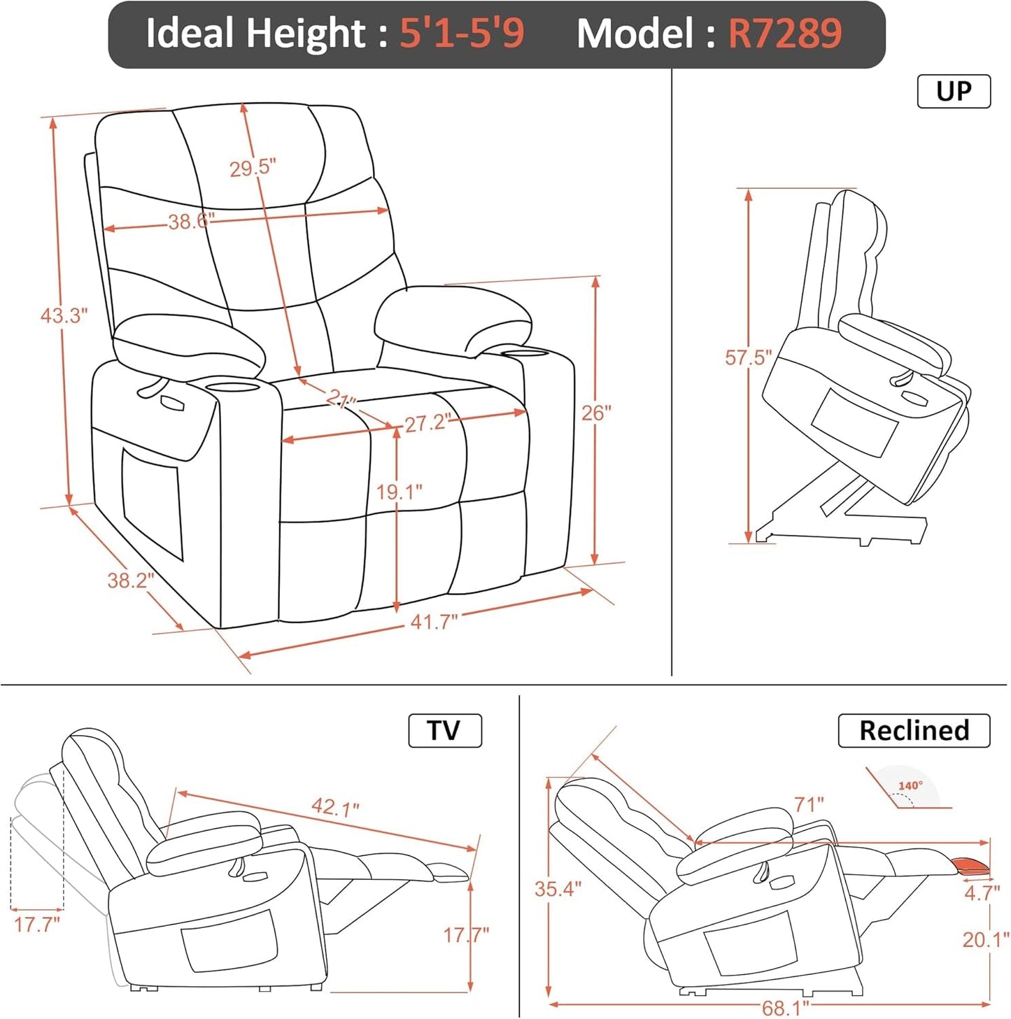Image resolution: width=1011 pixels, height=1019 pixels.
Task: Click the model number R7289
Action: [x=784, y=34]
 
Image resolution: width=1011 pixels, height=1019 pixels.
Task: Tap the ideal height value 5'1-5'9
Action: [x=461, y=34]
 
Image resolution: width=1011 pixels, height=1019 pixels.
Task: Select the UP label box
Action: [x=953, y=92]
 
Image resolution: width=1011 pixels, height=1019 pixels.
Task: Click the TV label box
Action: [x=444, y=730]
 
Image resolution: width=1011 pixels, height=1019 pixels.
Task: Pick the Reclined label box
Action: [x=914, y=730]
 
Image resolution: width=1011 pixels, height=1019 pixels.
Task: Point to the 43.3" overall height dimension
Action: [x=64, y=315]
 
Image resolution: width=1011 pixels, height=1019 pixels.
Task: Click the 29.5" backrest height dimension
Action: [x=253, y=168]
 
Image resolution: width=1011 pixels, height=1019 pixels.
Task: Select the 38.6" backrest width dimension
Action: [x=190, y=222]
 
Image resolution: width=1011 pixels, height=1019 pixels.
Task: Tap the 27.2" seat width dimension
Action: [x=427, y=422]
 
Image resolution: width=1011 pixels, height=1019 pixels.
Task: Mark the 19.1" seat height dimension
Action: [x=399, y=492]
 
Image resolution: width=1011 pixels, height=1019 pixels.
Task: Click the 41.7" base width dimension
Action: [x=434, y=621]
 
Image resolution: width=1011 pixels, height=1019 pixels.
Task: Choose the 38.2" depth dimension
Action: [x=130, y=580]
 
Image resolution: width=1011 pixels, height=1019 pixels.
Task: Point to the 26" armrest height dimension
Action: [x=596, y=413]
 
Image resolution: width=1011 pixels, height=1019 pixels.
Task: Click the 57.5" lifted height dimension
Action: [x=748, y=357]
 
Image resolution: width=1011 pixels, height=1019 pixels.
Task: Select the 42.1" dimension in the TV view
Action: [x=335, y=807]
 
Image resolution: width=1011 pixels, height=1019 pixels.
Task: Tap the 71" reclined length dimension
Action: [x=809, y=804]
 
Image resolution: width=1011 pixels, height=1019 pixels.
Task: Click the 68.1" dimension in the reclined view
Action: [x=785, y=1008]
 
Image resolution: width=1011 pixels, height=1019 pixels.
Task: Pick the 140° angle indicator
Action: [x=910, y=786]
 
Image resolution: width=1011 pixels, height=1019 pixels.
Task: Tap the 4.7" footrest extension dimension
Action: [x=982, y=893]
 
